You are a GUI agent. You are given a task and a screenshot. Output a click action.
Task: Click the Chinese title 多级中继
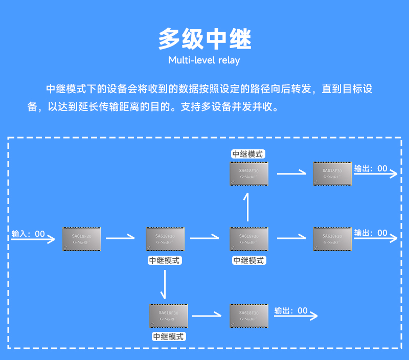204,39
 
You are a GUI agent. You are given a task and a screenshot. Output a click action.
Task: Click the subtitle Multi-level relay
204,60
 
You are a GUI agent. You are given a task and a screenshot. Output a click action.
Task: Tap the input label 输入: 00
28,234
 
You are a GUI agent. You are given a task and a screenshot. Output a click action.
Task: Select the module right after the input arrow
82,239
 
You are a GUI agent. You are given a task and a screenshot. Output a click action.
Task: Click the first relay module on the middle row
165,239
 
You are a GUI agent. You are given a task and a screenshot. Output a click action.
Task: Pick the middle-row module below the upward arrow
249,239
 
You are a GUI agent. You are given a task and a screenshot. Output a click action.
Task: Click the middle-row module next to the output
332,239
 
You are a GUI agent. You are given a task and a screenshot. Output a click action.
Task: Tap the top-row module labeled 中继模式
249,173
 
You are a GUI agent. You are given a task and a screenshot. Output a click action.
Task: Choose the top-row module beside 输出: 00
332,173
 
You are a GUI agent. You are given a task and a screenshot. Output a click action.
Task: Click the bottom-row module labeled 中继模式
169,316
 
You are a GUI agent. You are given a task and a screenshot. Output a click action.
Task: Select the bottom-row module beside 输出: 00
249,316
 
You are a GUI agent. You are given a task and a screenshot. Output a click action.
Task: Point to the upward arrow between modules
248,207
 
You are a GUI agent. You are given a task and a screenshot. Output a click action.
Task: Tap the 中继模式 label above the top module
248,154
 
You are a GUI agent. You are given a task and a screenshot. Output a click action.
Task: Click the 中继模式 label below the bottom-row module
169,336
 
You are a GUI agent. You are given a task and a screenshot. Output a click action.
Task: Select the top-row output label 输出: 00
371,169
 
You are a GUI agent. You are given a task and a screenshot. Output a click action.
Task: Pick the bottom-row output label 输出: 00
291,310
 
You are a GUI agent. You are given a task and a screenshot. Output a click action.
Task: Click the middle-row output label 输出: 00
371,233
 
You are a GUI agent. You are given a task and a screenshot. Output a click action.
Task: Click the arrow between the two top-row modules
291,173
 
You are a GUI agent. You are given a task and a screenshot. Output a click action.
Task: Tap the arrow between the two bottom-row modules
209,316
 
